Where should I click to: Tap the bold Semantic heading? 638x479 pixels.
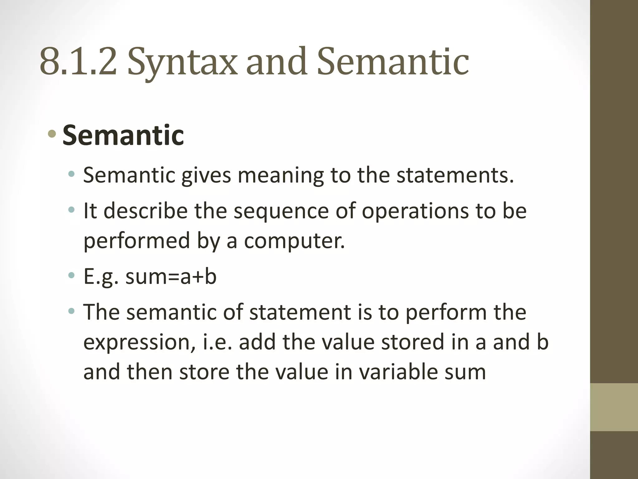click(x=123, y=135)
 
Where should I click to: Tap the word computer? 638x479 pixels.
click(x=294, y=241)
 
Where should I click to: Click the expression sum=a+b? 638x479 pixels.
click(x=171, y=277)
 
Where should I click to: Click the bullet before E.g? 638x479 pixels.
click(x=72, y=275)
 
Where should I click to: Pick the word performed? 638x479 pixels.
click(x=136, y=241)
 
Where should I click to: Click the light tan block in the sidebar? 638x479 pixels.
click(x=614, y=407)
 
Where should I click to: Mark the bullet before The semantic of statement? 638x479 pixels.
click(x=72, y=311)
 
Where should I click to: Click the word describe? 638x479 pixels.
click(x=145, y=211)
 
